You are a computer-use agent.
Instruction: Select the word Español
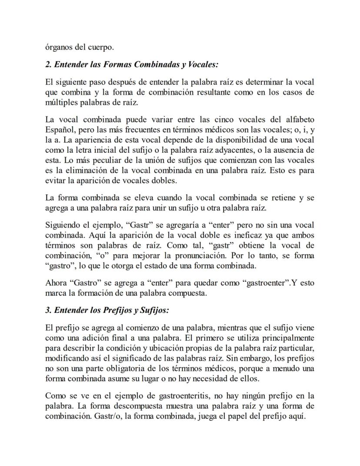(x=59, y=130)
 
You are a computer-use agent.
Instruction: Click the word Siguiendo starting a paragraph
(x=63, y=225)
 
